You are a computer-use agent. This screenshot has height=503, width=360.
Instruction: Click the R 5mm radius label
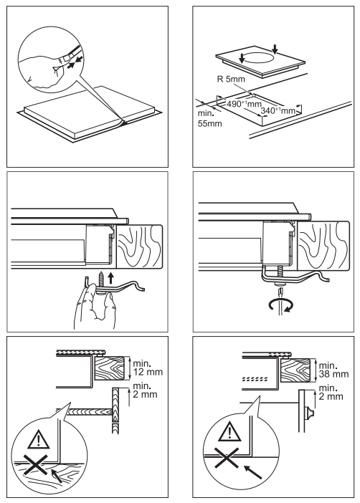[231, 79]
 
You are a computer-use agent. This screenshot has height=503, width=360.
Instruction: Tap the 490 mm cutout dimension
[244, 104]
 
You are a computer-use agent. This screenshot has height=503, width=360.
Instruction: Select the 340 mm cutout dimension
[278, 111]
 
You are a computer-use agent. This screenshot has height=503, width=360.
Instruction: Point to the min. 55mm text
[209, 118]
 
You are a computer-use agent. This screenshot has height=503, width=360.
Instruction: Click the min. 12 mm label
[148, 368]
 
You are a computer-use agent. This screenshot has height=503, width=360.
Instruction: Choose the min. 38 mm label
[333, 370]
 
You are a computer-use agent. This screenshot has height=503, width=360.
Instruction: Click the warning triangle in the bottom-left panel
[39, 439]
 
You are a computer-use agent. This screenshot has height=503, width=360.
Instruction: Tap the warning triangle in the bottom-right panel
[231, 432]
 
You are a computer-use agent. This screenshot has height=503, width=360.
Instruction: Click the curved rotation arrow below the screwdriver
[280, 306]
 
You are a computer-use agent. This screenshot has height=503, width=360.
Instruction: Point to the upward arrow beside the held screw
[110, 277]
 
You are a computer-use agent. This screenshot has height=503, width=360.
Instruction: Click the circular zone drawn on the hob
[258, 57]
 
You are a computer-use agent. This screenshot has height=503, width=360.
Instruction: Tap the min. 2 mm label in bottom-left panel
[145, 390]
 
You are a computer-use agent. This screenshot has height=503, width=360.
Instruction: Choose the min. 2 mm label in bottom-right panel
[331, 392]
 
